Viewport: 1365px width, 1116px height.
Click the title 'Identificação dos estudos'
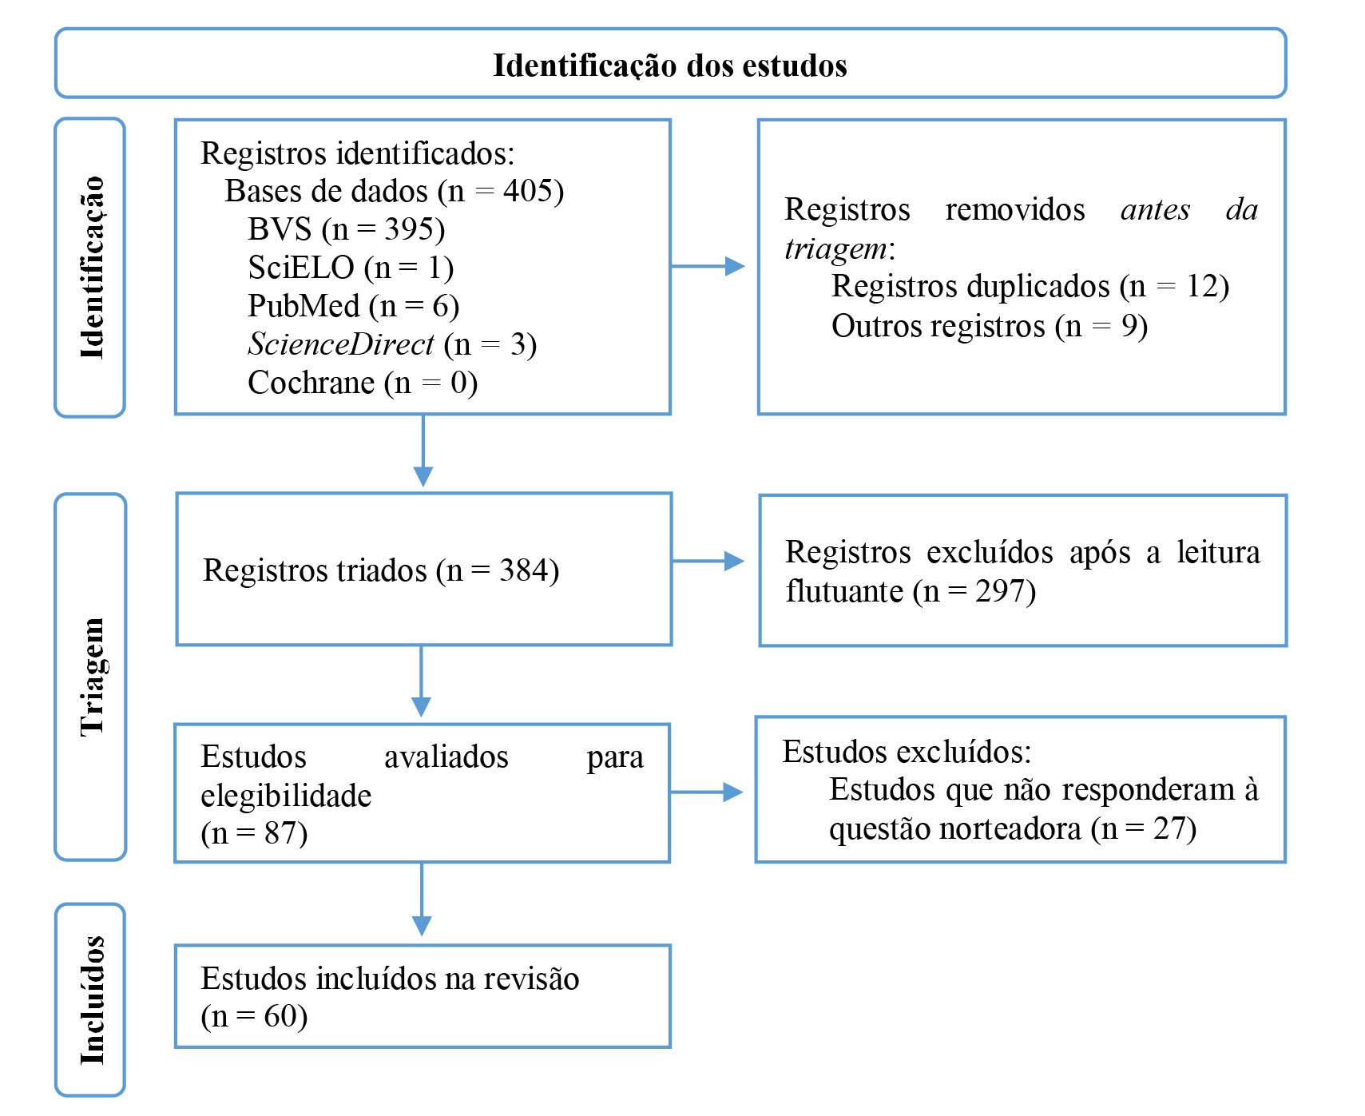click(x=669, y=66)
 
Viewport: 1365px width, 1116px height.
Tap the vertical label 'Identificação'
click(x=92, y=268)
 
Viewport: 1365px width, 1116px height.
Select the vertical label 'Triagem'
click(x=92, y=677)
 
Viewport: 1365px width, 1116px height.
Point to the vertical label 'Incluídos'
click(x=92, y=1000)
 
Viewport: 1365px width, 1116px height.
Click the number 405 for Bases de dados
click(x=527, y=191)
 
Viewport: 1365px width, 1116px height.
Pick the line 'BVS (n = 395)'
click(x=346, y=229)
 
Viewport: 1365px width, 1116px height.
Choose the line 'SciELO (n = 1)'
click(x=351, y=268)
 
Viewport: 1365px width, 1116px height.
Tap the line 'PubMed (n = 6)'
click(x=353, y=306)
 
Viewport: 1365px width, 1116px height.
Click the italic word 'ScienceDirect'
click(x=341, y=344)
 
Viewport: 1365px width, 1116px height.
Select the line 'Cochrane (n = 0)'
click(x=363, y=383)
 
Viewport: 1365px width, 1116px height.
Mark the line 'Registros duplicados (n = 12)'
click(x=1030, y=286)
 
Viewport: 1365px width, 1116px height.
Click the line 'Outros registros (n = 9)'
click(x=989, y=326)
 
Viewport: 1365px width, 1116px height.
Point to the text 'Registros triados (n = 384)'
click(x=381, y=570)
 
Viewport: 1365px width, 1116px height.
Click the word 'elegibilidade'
click(x=286, y=796)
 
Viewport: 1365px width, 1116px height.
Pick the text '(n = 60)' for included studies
click(x=254, y=1016)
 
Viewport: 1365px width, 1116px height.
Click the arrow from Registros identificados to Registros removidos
click(x=708, y=266)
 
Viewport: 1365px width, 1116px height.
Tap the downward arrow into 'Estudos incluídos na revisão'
click(x=422, y=899)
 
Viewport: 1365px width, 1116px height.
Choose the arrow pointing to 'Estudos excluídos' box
click(x=706, y=792)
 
